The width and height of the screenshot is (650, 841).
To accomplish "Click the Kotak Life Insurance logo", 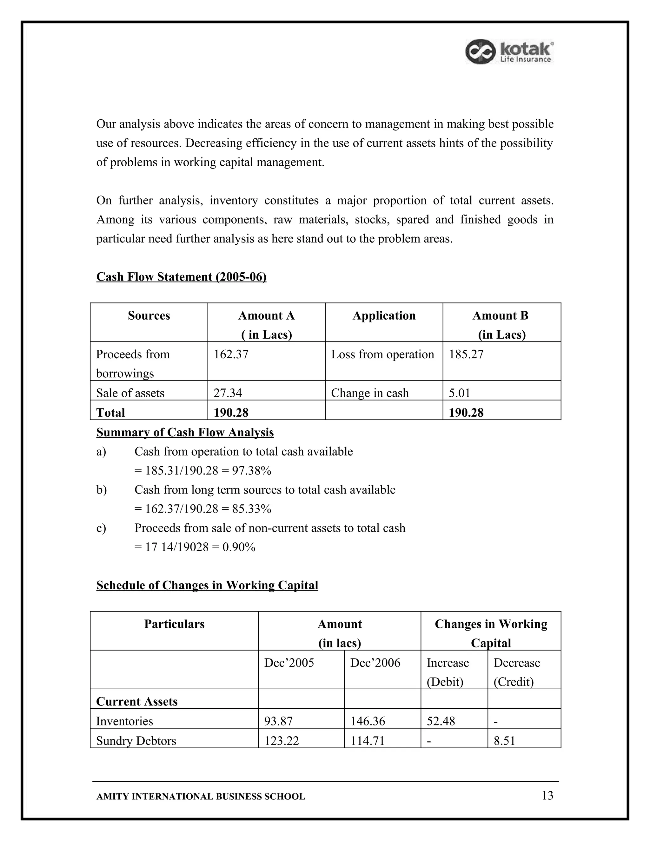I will point(509,52).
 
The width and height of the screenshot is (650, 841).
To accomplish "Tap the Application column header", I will point(384,316).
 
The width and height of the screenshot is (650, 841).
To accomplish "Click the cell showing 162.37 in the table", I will point(231,354).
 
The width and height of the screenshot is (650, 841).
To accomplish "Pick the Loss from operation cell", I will point(382,354).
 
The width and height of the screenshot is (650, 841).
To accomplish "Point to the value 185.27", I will point(466,354).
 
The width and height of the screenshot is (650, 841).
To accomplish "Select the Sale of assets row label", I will point(130,393).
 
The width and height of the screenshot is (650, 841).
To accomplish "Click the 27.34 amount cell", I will point(228,393).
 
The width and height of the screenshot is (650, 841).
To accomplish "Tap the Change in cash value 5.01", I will point(459,393).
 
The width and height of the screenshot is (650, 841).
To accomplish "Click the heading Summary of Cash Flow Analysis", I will point(185,433).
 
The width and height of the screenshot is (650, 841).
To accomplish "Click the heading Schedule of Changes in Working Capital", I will point(207,585).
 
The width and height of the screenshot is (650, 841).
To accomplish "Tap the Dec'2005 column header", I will point(289,663).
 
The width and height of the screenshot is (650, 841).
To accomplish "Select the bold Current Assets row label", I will point(137,702).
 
